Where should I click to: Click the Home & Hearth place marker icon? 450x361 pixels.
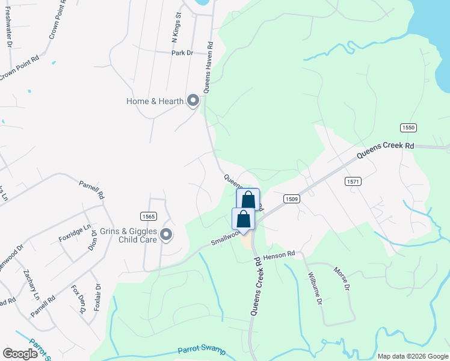coord(193,100)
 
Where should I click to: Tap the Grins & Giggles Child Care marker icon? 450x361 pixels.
coord(166,235)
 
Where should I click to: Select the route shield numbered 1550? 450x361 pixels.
coord(408,128)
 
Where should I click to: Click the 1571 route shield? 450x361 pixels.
coord(353,180)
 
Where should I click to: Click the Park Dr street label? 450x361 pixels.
coord(181,53)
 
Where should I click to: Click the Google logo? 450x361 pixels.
coord(20,354)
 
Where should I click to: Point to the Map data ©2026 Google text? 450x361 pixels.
coord(412,356)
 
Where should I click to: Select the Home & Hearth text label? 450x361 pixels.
coord(155,101)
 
